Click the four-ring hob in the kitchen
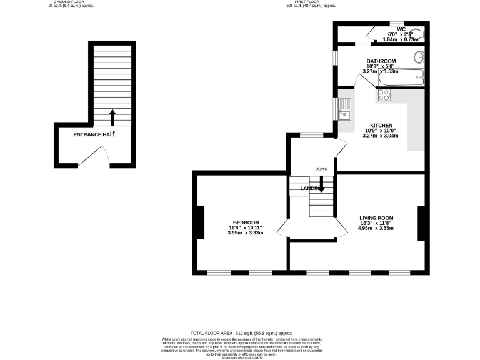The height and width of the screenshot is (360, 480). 384,96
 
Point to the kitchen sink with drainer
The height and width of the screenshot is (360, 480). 345,110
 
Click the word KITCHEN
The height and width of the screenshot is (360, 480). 381,125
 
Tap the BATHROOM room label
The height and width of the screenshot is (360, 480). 381,61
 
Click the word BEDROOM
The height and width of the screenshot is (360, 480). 246,222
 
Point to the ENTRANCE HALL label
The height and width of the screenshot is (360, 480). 94,134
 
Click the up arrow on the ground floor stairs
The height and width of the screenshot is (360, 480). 113,116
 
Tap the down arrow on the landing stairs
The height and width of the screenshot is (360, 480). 322,184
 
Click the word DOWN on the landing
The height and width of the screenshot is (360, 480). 321,169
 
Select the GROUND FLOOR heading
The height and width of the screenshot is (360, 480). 69,2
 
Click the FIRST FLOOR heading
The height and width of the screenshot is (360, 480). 311,2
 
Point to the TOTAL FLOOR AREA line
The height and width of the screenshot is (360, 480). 241,334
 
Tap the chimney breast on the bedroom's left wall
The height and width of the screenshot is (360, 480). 201,222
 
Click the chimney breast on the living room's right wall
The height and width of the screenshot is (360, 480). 421,222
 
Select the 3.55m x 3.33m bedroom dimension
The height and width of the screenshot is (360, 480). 246,232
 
